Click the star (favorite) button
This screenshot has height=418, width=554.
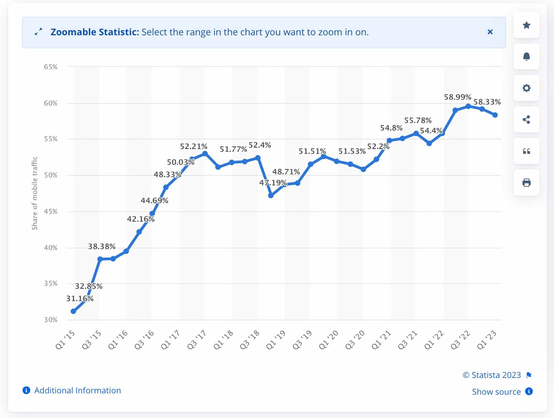(x=526, y=25)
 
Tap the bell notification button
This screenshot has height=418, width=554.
(x=526, y=57)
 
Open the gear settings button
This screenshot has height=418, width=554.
(x=526, y=88)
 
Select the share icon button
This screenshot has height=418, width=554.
(x=526, y=120)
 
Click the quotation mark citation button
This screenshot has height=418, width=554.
(x=526, y=151)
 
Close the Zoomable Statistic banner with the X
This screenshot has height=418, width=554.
(x=490, y=32)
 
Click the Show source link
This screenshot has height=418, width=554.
(x=496, y=392)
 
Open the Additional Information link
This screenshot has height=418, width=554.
(x=77, y=391)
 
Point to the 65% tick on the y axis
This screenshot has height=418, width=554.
(x=51, y=67)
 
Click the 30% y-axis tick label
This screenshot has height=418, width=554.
(x=51, y=320)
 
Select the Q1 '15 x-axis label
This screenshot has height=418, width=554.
(x=65, y=340)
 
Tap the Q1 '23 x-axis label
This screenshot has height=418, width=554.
(x=487, y=340)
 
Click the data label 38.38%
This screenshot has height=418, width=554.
(x=102, y=246)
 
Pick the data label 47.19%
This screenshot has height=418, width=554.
(x=273, y=183)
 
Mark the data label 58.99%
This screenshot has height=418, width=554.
(x=457, y=97)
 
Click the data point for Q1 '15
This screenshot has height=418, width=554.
(x=73, y=311)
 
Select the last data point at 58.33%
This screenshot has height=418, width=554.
(x=495, y=115)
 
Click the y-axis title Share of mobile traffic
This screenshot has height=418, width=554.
(x=35, y=193)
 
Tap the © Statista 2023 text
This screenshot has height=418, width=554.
(x=492, y=375)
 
